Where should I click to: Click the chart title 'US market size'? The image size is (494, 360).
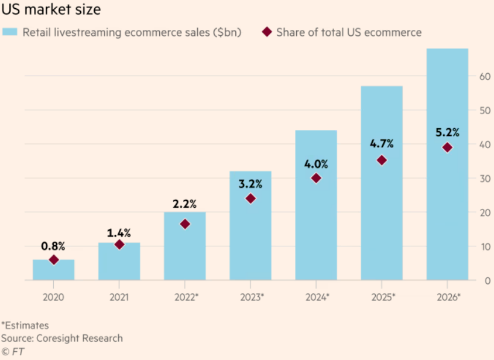tap(52, 10)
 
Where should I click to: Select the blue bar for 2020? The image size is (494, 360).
tap(53, 270)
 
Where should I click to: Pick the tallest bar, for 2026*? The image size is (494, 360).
tap(447, 176)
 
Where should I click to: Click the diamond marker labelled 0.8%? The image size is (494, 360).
tap(54, 260)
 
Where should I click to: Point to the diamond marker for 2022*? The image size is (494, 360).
tap(185, 224)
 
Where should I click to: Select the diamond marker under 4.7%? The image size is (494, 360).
tap(382, 160)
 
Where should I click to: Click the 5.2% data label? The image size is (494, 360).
tap(447, 132)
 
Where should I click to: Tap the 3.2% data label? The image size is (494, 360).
tap(250, 183)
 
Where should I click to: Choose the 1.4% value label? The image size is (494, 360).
tap(119, 233)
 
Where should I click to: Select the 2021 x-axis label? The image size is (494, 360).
tap(119, 297)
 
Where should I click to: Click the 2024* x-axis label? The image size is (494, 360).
tap(317, 297)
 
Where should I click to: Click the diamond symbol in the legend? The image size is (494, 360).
tap(267, 32)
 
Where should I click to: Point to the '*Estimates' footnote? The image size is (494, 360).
tap(25, 325)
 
